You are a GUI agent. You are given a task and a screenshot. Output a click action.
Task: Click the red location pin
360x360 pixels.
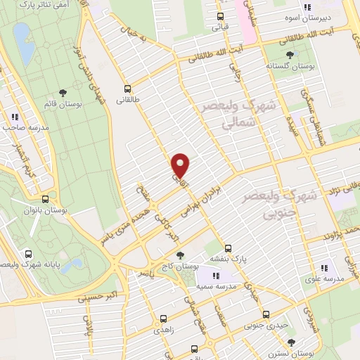[x=181, y=165]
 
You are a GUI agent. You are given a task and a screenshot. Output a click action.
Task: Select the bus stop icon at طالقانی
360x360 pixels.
[x=127, y=89]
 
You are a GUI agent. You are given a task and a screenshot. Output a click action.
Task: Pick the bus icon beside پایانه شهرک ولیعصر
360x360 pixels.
[x=29, y=253]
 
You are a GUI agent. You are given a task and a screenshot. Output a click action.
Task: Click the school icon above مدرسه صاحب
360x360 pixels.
[x=14, y=117]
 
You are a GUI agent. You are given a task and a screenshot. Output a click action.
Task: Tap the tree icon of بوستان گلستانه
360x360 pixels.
[x=290, y=55]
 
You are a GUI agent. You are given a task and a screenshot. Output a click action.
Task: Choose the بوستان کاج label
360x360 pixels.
[x=184, y=266]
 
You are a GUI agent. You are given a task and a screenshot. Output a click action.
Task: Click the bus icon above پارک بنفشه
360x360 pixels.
[x=228, y=248]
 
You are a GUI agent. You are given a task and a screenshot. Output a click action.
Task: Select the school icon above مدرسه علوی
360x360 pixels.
[x=325, y=268]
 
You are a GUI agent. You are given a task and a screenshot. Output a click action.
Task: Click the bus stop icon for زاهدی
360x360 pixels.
[x=162, y=318]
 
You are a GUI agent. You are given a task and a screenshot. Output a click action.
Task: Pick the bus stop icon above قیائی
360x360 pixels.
[x=220, y=17]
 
